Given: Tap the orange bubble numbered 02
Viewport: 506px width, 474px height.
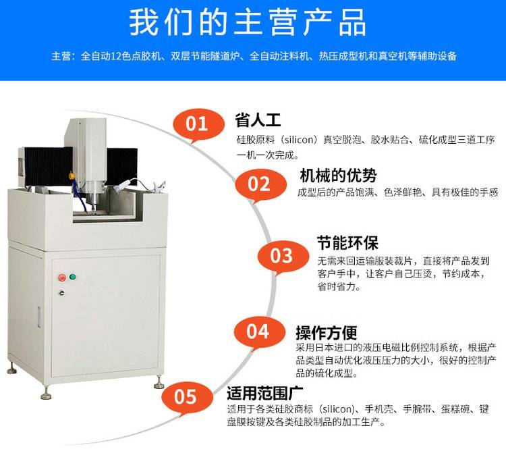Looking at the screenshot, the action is coord(260,185).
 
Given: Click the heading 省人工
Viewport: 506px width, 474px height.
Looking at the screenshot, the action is coord(258,120).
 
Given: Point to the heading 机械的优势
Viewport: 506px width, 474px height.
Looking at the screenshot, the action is coord(338,176).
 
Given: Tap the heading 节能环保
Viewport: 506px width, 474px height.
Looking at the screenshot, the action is coord(347,243).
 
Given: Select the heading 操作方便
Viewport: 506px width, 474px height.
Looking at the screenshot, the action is coord(327,333).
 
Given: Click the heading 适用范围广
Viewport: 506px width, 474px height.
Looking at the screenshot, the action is coord(264,392).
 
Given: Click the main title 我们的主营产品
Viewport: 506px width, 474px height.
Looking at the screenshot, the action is coord(248,22).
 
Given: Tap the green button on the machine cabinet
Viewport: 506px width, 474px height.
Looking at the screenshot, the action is coord(73,277).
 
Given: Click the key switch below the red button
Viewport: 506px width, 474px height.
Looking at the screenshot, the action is coord(61,292).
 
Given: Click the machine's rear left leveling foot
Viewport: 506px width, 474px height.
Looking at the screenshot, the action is coord(12,369).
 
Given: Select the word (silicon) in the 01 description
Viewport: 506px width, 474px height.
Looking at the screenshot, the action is coord(299,140).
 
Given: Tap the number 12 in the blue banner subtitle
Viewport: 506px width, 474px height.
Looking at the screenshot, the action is coord(115,56).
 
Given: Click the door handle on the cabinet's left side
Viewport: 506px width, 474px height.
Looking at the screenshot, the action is coord(39,317).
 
